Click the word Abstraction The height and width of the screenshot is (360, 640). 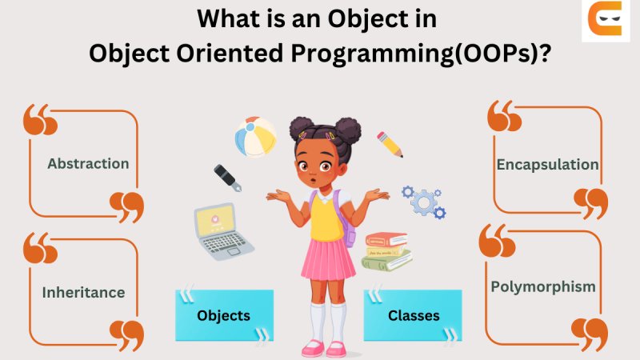pyautogui.click(x=88, y=164)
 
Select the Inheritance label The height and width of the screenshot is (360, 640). pyautogui.click(x=83, y=292)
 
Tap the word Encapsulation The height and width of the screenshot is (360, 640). pyautogui.click(x=547, y=165)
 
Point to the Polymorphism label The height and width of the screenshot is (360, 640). pyautogui.click(x=543, y=286)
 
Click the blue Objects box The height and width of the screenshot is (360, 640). pyautogui.click(x=224, y=315)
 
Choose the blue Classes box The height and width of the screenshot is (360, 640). pyautogui.click(x=413, y=315)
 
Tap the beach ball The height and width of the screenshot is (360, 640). pyautogui.click(x=255, y=138)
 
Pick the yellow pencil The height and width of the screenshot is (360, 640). pyautogui.click(x=390, y=144)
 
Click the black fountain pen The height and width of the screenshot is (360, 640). pyautogui.click(x=228, y=178)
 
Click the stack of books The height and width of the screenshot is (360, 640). pyautogui.click(x=387, y=251)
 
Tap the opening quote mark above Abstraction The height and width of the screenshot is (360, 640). pyautogui.click(x=40, y=119)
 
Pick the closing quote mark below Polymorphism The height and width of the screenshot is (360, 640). pyautogui.click(x=590, y=333)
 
